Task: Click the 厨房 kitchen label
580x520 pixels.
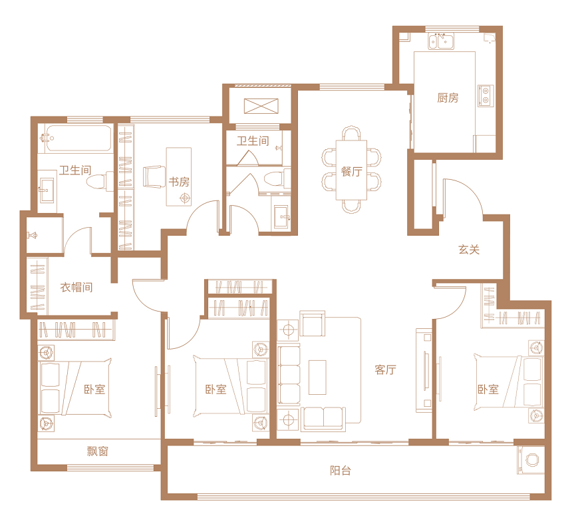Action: (448, 98)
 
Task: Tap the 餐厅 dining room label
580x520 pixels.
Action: (351, 172)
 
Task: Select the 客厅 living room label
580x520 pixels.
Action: (385, 370)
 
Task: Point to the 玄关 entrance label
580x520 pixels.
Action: (469, 250)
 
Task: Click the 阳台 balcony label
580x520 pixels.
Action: (341, 471)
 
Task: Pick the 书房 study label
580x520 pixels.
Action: (179, 182)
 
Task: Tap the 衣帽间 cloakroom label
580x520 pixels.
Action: (76, 287)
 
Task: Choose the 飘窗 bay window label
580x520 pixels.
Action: (98, 451)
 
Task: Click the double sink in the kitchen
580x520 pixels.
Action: (441, 41)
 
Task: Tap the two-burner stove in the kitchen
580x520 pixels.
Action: (486, 96)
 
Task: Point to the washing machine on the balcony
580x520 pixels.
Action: (531, 459)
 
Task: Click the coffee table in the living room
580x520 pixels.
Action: (317, 377)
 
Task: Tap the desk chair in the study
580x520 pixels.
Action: (154, 176)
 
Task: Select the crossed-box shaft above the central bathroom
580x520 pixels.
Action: (261, 107)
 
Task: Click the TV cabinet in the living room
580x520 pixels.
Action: (424, 370)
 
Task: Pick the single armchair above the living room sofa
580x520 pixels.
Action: (313, 324)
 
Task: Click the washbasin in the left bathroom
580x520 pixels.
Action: (47, 190)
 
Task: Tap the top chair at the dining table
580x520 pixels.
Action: (351, 133)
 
